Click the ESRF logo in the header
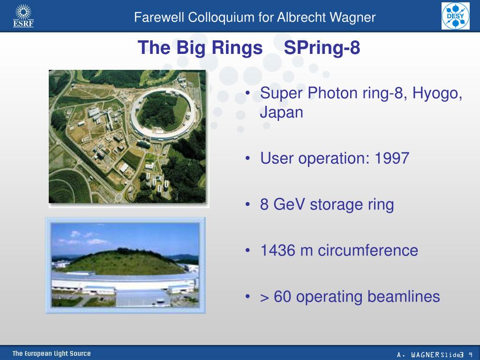click(x=23, y=15)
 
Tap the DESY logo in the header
click(x=456, y=16)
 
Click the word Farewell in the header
click(x=159, y=17)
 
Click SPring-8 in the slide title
click(x=322, y=48)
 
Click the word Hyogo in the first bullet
click(x=437, y=93)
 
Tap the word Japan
click(x=282, y=112)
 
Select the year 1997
click(x=392, y=158)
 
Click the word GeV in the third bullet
click(x=289, y=204)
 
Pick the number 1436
click(x=277, y=250)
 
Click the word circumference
click(x=368, y=250)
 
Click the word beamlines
click(x=404, y=296)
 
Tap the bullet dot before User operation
click(x=247, y=158)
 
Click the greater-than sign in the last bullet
click(x=264, y=298)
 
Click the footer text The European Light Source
click(x=52, y=353)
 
